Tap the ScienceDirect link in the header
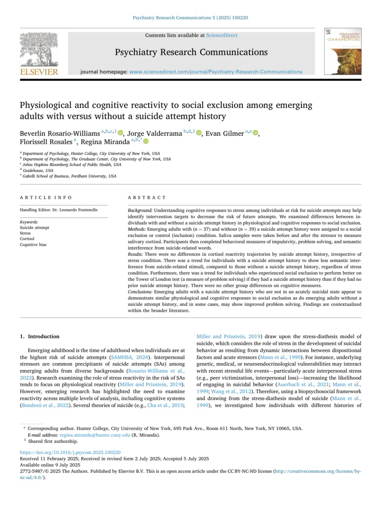pyautogui.click(x=222, y=35)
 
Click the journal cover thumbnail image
pyautogui.click(x=343, y=51)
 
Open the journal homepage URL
pyautogui.click(x=216, y=72)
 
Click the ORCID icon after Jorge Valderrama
pyautogui.click(x=199, y=133)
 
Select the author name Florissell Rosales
pyautogui.click(x=46, y=142)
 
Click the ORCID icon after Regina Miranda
pyautogui.click(x=146, y=141)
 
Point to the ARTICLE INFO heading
pyautogui.click(x=46, y=198)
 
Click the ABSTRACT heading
pyautogui.click(x=147, y=198)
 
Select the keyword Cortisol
pyautogui.click(x=27, y=239)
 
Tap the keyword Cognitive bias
pyautogui.click(x=33, y=245)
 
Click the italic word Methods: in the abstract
pyautogui.click(x=137, y=229)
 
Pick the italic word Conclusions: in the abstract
pyautogui.click(x=140, y=292)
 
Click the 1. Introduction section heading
pyautogui.click(x=40, y=336)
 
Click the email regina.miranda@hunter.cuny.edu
pyautogui.click(x=95, y=435)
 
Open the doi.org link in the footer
pyautogui.click(x=70, y=452)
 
